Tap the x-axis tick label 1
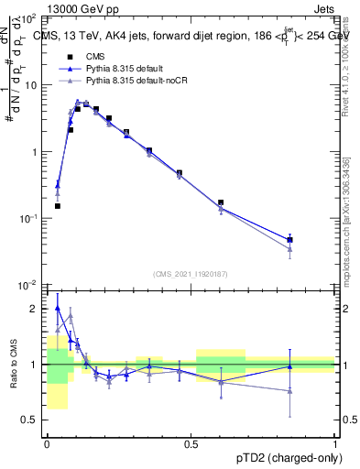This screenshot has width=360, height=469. click(334, 442)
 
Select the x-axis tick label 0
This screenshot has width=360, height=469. click(46, 442)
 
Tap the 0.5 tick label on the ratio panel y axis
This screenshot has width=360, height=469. click(34, 420)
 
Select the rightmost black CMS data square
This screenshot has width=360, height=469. click(289, 240)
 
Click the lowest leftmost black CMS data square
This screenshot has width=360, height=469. click(57, 206)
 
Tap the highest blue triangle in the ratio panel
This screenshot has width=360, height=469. click(57, 309)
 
